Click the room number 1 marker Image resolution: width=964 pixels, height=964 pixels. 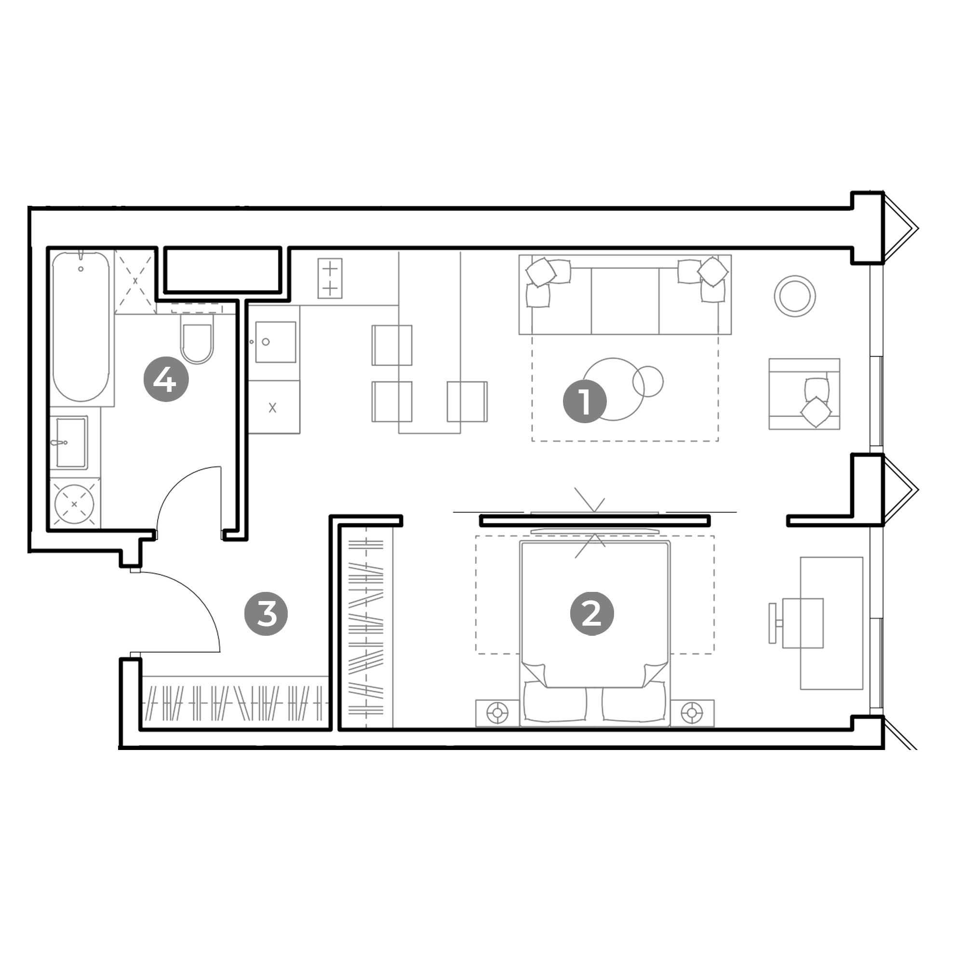pos(584,402)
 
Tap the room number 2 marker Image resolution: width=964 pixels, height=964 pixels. pos(592,614)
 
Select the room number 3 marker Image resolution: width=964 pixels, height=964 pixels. pos(266,614)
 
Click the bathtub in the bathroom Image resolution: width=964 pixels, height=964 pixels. pos(81,327)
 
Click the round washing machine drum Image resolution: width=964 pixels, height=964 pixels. pos(74,504)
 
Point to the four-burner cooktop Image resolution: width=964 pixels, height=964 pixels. pos(330,278)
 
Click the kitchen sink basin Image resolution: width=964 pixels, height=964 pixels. pos(275,342)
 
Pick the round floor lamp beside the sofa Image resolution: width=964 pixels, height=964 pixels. pos(795,296)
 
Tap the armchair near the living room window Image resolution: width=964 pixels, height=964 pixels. pos(804,394)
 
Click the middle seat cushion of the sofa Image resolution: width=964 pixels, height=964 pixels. pos(625,301)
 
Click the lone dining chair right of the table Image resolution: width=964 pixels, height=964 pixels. pos(467,401)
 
